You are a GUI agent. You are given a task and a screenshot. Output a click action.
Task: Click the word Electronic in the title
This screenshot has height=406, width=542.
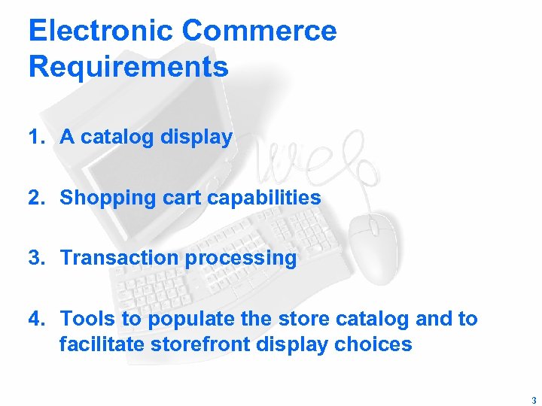(x=101, y=31)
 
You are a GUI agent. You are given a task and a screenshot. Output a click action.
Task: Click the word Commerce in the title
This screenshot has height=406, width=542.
(x=259, y=31)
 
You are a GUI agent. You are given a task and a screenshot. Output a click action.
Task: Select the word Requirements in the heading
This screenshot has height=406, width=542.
(x=128, y=67)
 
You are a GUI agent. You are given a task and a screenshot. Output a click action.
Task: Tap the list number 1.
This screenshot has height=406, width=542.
(x=35, y=137)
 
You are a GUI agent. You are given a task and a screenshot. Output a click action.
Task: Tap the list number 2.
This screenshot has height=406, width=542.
(x=35, y=198)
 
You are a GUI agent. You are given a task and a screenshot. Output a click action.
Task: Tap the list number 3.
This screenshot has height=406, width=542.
(x=35, y=258)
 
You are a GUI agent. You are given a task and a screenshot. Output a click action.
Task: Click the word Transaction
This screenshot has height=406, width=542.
(x=120, y=258)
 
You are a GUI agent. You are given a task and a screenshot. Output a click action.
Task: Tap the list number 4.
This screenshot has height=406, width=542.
(x=35, y=319)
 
